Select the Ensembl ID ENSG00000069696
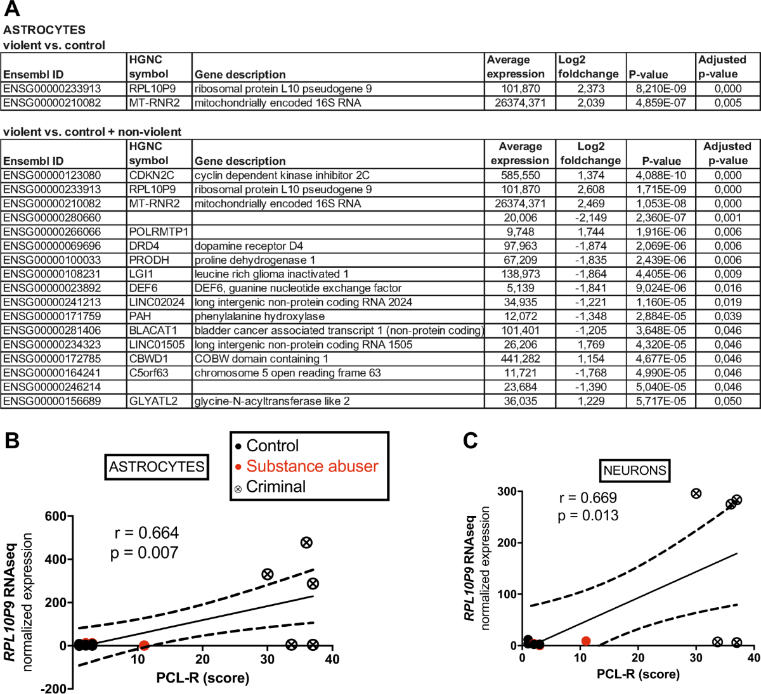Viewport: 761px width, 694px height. (52, 246)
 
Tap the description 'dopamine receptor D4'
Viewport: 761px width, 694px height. (249, 246)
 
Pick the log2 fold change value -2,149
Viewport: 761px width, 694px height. (590, 218)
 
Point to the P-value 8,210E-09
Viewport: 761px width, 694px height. (661, 89)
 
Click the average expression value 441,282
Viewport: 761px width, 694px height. (520, 359)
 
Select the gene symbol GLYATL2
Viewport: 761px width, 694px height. (153, 401)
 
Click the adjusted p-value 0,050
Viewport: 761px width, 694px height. (727, 401)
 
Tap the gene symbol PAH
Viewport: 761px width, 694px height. (140, 316)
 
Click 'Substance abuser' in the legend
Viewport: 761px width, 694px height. (311, 466)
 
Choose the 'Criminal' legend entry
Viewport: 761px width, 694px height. (275, 487)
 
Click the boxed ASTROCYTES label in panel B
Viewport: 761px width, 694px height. (156, 467)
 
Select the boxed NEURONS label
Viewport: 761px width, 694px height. (635, 470)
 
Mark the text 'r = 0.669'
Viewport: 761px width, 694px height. (587, 498)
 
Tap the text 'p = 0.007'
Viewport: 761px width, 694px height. (145, 553)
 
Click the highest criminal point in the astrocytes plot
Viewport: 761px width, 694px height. (306, 543)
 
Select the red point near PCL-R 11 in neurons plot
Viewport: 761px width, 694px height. (586, 641)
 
